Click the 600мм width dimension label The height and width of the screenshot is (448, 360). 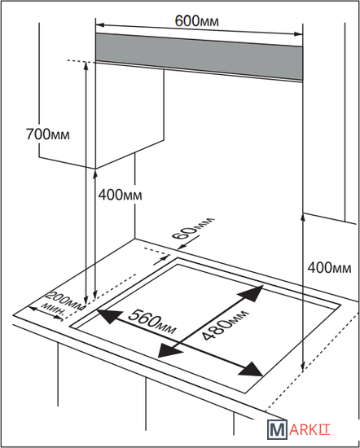(197, 21)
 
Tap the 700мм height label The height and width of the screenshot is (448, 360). (48, 134)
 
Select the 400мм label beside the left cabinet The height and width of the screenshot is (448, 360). (120, 195)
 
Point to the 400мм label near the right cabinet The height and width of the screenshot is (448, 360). (329, 268)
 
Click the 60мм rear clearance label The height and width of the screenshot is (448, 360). (193, 229)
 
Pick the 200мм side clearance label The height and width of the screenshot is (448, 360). (66, 301)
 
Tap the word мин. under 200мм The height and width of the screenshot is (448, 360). (54, 310)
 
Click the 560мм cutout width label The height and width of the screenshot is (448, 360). (151, 322)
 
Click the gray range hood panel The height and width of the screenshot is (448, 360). (200, 57)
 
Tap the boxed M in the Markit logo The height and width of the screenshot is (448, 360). (277, 429)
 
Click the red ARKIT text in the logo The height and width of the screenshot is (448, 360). (310, 430)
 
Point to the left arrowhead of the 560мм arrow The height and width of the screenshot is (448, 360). (108, 316)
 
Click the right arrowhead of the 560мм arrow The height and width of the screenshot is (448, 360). (252, 369)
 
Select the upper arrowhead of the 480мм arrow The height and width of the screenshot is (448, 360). (252, 293)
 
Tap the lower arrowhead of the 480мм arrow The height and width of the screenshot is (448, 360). (169, 350)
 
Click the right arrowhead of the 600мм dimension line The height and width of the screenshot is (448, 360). (298, 34)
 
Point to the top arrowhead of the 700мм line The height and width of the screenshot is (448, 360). (86, 65)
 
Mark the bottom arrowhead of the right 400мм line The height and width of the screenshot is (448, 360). (303, 367)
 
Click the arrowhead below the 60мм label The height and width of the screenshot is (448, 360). (165, 257)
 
